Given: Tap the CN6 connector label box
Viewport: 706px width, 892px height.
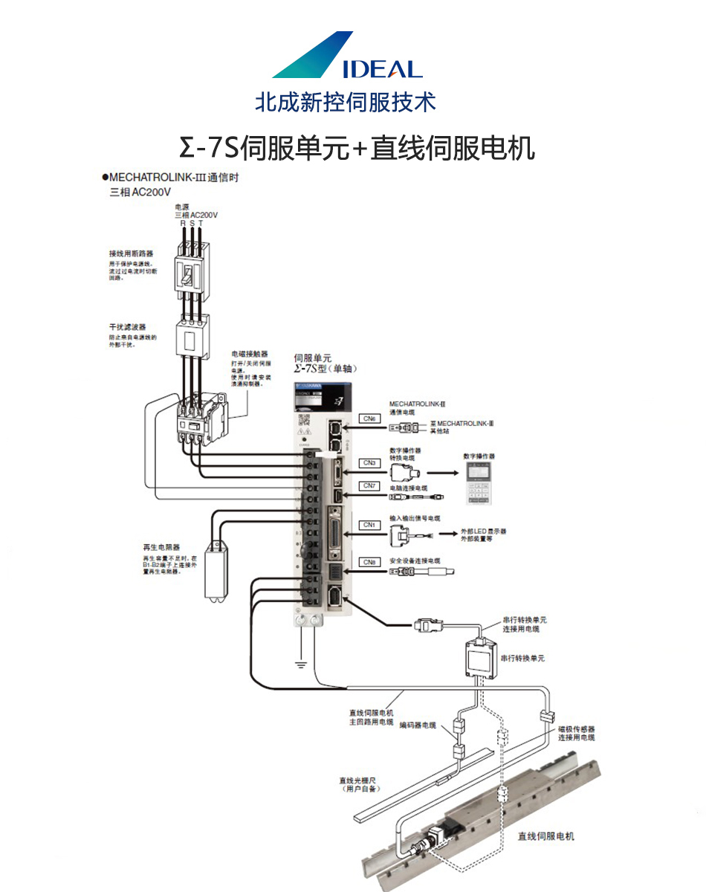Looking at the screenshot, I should click(370, 418).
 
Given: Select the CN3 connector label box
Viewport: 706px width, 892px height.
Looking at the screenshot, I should click(370, 462).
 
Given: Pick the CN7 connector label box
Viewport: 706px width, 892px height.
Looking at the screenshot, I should click(370, 485).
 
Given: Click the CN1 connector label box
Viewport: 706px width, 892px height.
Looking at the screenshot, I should click(370, 525).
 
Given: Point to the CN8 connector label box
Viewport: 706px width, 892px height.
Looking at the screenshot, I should click(370, 562).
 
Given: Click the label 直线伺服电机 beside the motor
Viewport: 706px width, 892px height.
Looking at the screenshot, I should click(546, 836).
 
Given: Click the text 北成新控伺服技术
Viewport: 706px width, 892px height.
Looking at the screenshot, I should click(346, 102).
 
